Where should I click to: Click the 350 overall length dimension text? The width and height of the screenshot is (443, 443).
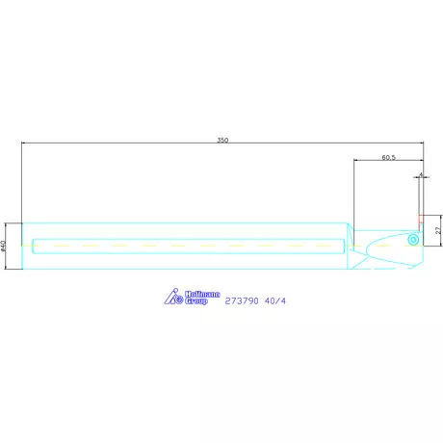222,141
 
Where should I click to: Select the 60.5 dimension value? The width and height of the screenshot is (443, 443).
389,155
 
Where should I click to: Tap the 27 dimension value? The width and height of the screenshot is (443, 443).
436,231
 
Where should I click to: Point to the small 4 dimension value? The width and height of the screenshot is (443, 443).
422,175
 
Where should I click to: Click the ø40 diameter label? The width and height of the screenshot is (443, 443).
5,247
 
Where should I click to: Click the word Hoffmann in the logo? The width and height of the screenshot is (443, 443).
198,295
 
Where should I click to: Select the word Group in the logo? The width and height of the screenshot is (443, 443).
197,301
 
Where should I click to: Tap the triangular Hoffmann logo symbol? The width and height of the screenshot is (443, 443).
172,298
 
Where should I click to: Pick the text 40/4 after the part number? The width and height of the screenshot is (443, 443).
275,301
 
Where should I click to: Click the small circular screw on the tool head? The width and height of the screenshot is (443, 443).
411,237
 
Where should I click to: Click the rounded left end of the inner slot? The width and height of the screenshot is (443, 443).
34,246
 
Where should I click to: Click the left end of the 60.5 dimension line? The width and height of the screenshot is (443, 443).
354,160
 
